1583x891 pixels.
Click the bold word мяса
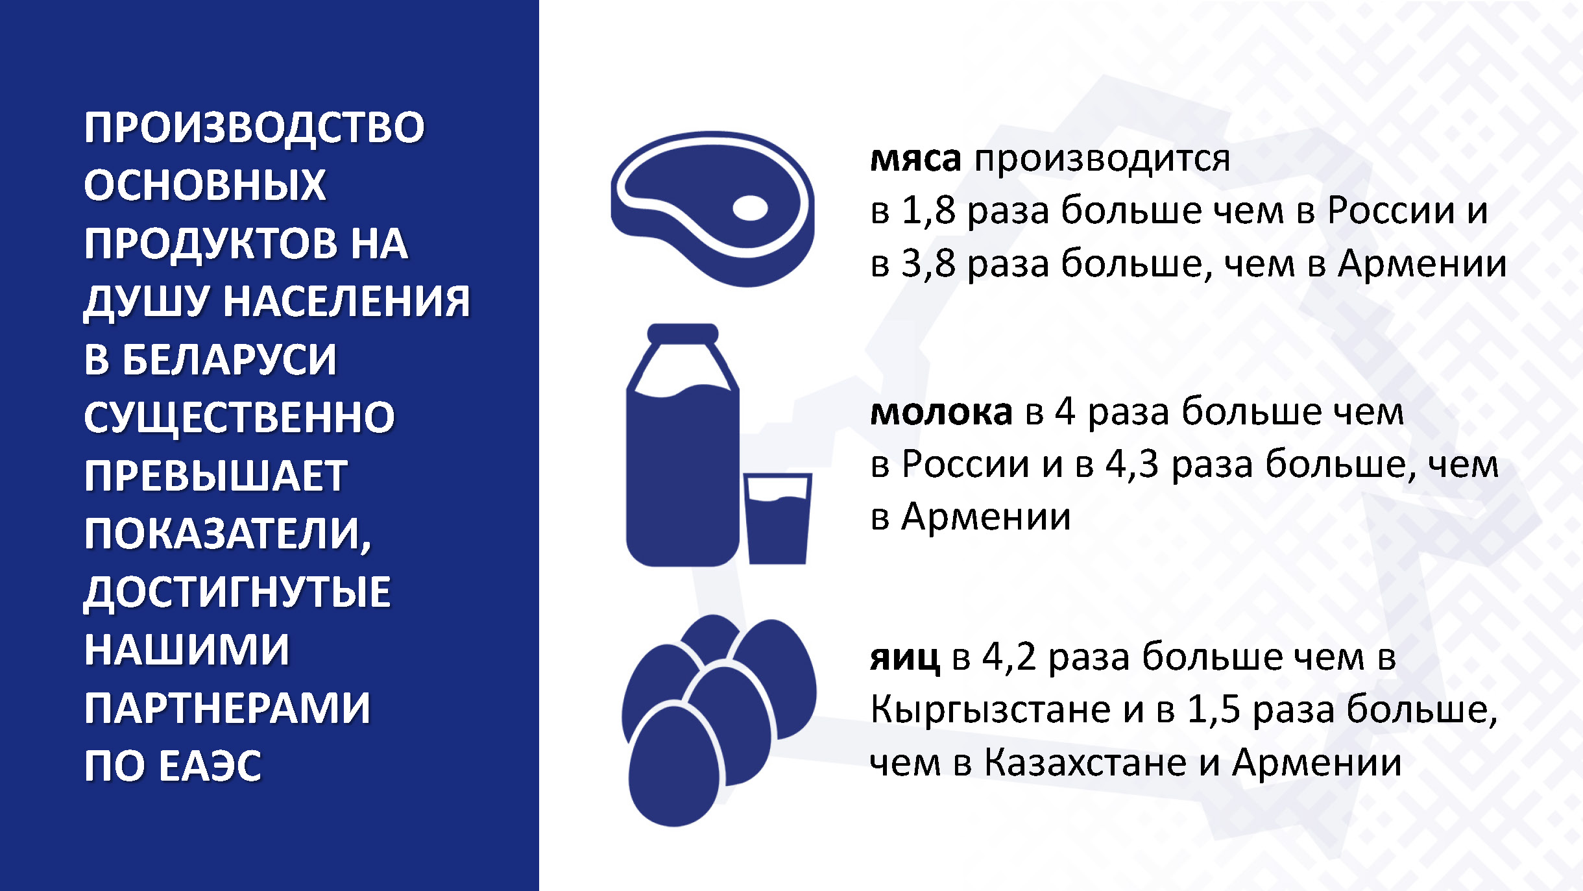pyautogui.click(x=915, y=160)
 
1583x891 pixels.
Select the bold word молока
pyautogui.click(x=941, y=412)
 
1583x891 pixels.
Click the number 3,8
pyautogui.click(x=929, y=263)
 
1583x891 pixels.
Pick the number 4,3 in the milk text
pyautogui.click(x=1132, y=465)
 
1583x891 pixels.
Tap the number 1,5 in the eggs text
pyautogui.click(x=1214, y=709)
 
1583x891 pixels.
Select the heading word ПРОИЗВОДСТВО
pyautogui.click(x=254, y=127)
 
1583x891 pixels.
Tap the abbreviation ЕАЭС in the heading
pyautogui.click(x=210, y=766)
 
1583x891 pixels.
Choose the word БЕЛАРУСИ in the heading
pyautogui.click(x=230, y=360)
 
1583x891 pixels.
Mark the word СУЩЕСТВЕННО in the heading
pyautogui.click(x=239, y=418)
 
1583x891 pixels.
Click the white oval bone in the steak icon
pyautogui.click(x=750, y=208)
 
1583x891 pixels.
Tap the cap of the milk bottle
pyautogui.click(x=683, y=333)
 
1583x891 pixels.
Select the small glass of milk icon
pyautogui.click(x=777, y=519)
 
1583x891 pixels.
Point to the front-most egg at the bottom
pyautogui.click(x=674, y=766)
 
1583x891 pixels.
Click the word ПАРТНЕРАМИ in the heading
pyautogui.click(x=227, y=708)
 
